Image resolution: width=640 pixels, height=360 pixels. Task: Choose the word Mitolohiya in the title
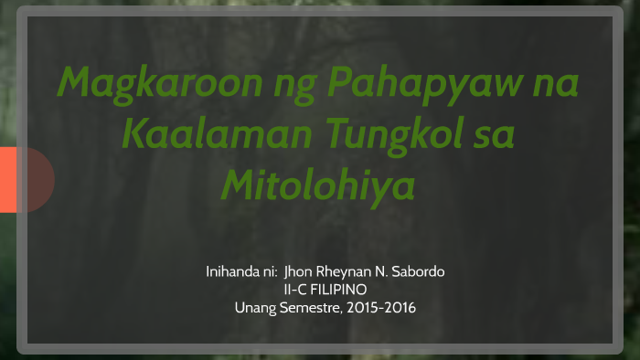pos(318,185)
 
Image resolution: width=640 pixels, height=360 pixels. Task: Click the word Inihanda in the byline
pos(232,271)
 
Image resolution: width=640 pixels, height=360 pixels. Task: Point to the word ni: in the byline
pos(269,271)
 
